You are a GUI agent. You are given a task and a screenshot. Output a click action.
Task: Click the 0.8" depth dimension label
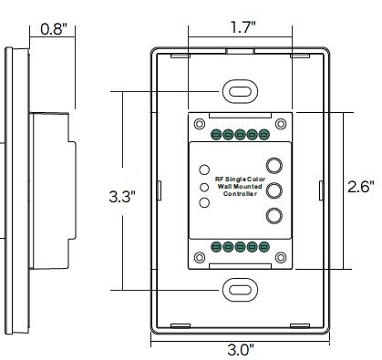[54, 29]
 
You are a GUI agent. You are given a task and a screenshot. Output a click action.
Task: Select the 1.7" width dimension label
[243, 27]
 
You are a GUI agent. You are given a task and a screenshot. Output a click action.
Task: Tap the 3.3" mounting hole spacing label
[122, 197]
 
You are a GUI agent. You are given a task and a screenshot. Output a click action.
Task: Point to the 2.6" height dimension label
[361, 187]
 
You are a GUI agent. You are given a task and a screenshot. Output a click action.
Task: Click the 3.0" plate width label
[241, 350]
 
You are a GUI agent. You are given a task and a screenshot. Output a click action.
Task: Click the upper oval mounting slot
[240, 91]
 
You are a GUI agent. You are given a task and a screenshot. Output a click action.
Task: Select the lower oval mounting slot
[240, 290]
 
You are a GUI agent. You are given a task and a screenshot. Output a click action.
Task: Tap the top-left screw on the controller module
[200, 124]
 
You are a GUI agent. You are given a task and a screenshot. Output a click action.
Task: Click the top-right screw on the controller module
[281, 124]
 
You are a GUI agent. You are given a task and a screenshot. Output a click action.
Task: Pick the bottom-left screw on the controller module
[200, 258]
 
